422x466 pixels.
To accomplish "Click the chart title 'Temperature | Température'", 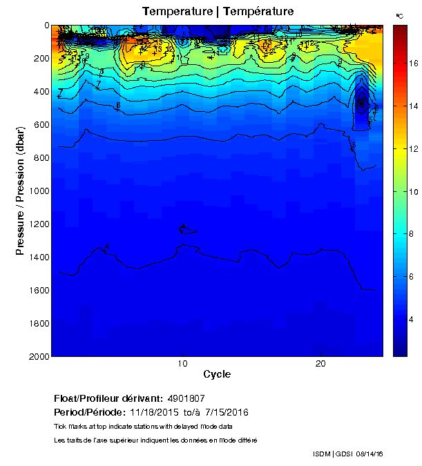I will pyautogui.click(x=218, y=12).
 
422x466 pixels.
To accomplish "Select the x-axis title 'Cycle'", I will pyautogui.click(x=217, y=375).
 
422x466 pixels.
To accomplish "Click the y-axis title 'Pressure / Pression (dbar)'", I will pyautogui.click(x=21, y=191).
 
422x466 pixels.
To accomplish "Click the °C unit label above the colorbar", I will pyautogui.click(x=399, y=15).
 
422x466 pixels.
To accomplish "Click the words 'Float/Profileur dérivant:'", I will pyautogui.click(x=108, y=399).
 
